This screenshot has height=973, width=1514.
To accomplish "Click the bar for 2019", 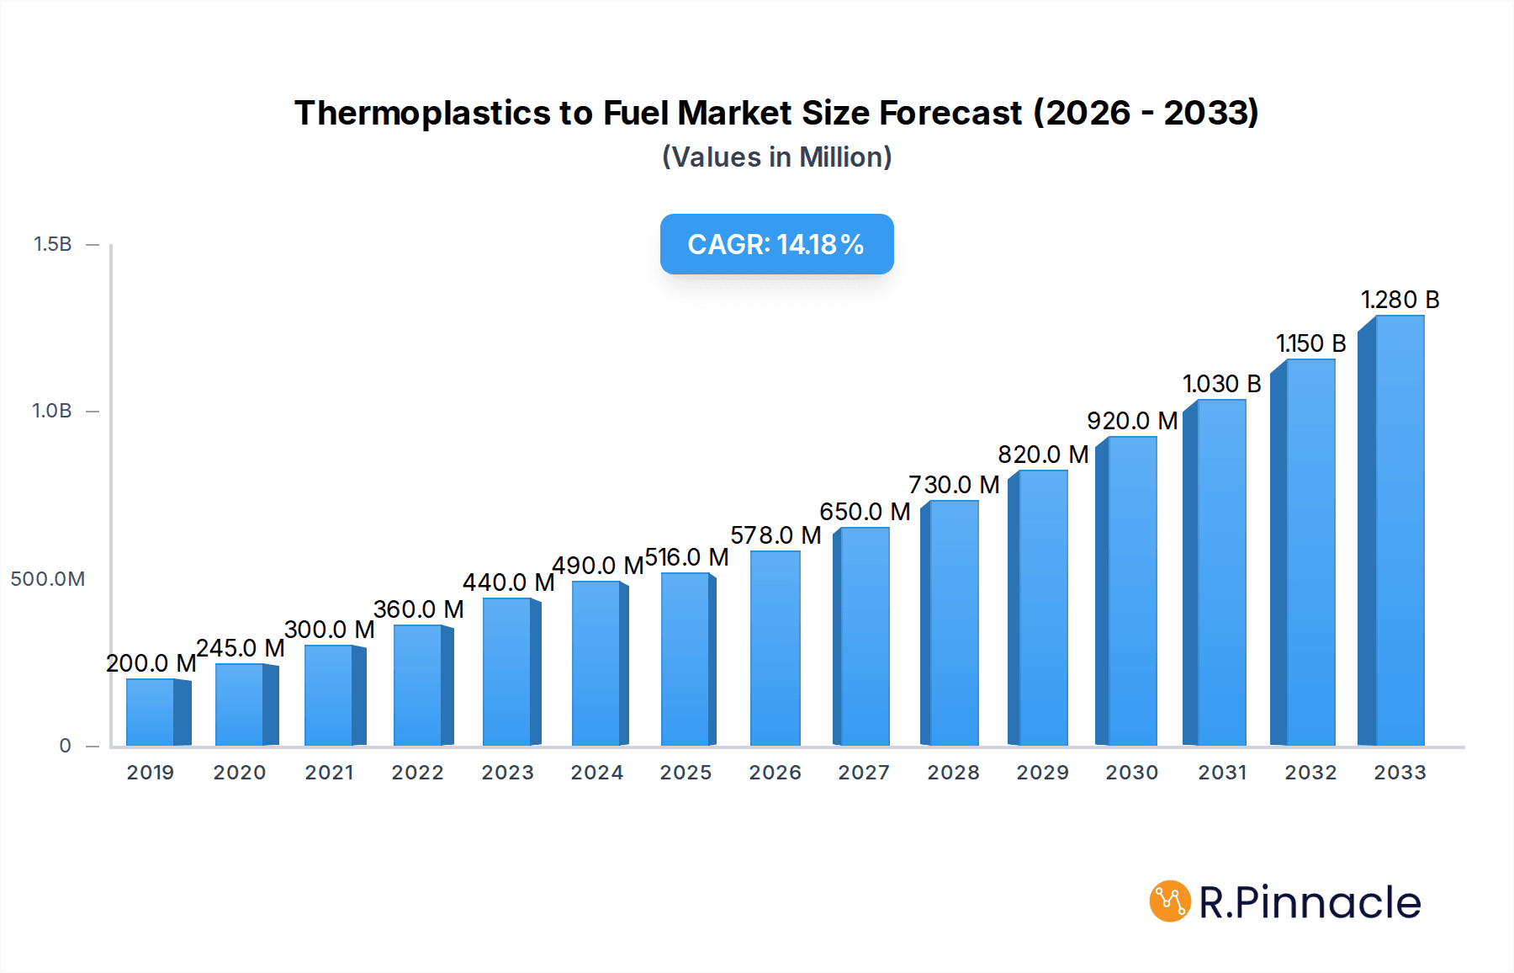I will click(151, 712).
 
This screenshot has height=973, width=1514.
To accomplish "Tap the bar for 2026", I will click(775, 648).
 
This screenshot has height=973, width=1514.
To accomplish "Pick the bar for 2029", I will click(1041, 608).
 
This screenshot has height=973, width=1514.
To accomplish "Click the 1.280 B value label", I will click(1400, 300).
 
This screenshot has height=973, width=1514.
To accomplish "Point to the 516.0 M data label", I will click(686, 557).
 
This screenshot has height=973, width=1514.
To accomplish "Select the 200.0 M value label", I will click(151, 663).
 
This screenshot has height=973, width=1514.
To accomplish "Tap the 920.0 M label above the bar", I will click(1131, 421).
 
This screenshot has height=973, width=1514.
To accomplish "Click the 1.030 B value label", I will click(1221, 384).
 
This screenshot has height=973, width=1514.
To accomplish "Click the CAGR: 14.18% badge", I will click(776, 244).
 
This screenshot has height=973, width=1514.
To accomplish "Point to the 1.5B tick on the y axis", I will click(52, 244).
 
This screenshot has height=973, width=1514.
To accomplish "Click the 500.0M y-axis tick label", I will click(48, 579).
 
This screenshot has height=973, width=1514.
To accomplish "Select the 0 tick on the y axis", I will click(65, 746).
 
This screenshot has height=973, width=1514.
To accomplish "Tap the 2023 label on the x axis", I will click(507, 773).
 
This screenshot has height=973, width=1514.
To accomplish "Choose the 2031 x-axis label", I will click(1221, 773).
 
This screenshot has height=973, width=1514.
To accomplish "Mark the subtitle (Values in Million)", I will click(776, 157).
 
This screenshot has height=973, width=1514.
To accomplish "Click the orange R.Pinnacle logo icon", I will click(1169, 901).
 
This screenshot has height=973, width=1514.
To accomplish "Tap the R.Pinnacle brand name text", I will click(1309, 902).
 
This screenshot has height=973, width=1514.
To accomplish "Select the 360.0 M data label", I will click(418, 609).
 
